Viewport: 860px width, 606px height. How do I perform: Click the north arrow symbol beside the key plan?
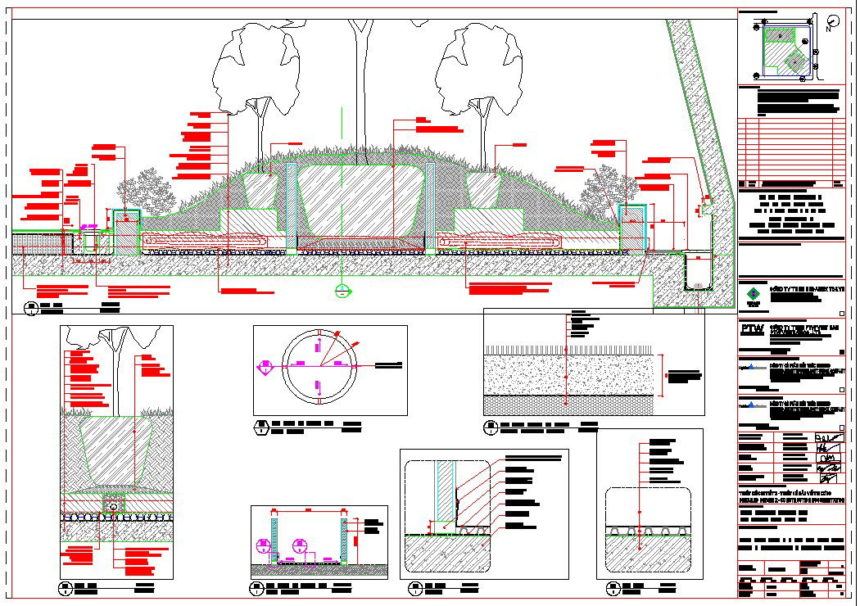pyautogui.click(x=833, y=21)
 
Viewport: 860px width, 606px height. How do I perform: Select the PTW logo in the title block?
pyautogui.click(x=751, y=329)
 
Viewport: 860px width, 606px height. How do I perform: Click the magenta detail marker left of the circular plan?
pyautogui.click(x=264, y=368)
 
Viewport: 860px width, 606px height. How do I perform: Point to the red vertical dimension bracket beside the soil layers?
pyautogui.click(x=665, y=376)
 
